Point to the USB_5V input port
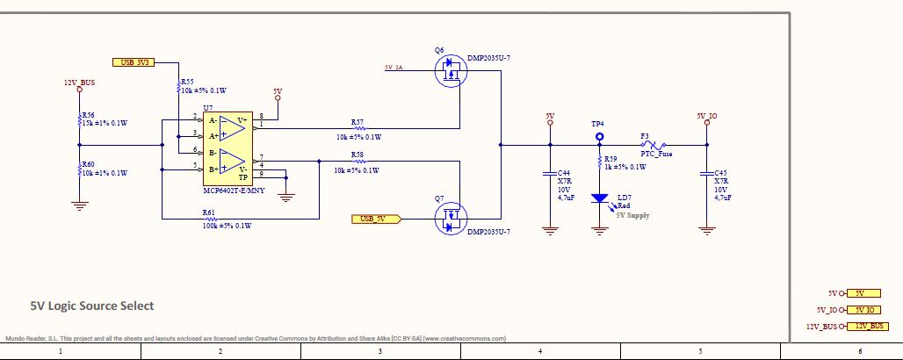(x=375, y=219)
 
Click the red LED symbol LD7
(x=600, y=198)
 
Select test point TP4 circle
(x=600, y=137)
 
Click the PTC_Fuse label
(x=656, y=154)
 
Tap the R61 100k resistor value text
(x=227, y=226)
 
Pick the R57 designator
(x=357, y=122)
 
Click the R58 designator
(x=357, y=155)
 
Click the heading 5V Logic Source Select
(x=92, y=306)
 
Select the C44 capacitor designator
(x=564, y=173)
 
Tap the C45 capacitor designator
(x=721, y=173)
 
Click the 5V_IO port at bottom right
(x=861, y=309)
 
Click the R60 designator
(x=88, y=164)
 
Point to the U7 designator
(x=208, y=108)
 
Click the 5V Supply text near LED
(x=632, y=214)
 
